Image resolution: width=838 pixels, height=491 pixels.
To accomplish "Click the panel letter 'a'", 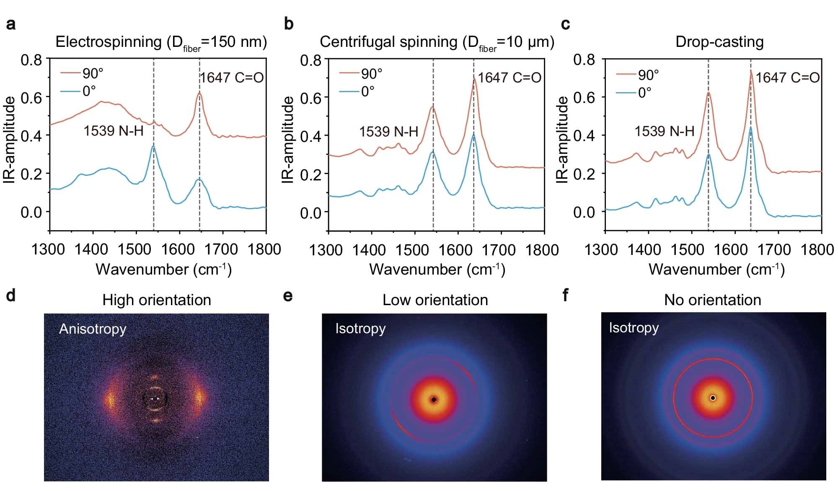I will (x=11, y=24).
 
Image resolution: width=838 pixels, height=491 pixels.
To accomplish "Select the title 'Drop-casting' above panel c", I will (x=719, y=42).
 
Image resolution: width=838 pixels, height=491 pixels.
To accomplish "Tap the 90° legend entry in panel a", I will (x=92, y=73).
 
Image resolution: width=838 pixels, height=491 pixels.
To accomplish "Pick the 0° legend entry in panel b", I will (x=367, y=91).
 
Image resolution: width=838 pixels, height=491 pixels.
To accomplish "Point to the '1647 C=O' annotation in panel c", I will (x=787, y=77).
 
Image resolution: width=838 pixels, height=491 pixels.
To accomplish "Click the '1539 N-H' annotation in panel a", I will (x=113, y=131).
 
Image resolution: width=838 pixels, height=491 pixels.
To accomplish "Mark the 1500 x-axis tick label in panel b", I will (x=412, y=250).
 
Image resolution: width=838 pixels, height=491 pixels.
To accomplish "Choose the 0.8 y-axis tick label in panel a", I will (x=31, y=60).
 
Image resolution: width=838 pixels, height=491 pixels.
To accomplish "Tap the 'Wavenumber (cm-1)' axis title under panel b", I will (x=437, y=269).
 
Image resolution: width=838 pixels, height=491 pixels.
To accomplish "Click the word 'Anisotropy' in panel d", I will (x=93, y=329).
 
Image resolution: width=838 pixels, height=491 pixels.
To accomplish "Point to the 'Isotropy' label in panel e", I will (x=360, y=329).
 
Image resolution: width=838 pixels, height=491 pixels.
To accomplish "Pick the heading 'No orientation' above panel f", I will (x=712, y=300).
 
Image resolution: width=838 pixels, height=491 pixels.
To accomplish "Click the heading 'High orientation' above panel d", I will (x=157, y=300).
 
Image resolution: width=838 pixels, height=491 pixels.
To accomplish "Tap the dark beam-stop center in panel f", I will (x=713, y=398).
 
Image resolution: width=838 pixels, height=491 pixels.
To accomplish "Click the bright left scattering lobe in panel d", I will (x=110, y=399).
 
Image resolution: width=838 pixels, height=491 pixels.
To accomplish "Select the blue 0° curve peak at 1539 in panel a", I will (x=153, y=146).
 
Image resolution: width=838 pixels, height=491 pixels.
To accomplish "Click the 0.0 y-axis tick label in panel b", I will (x=310, y=212).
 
